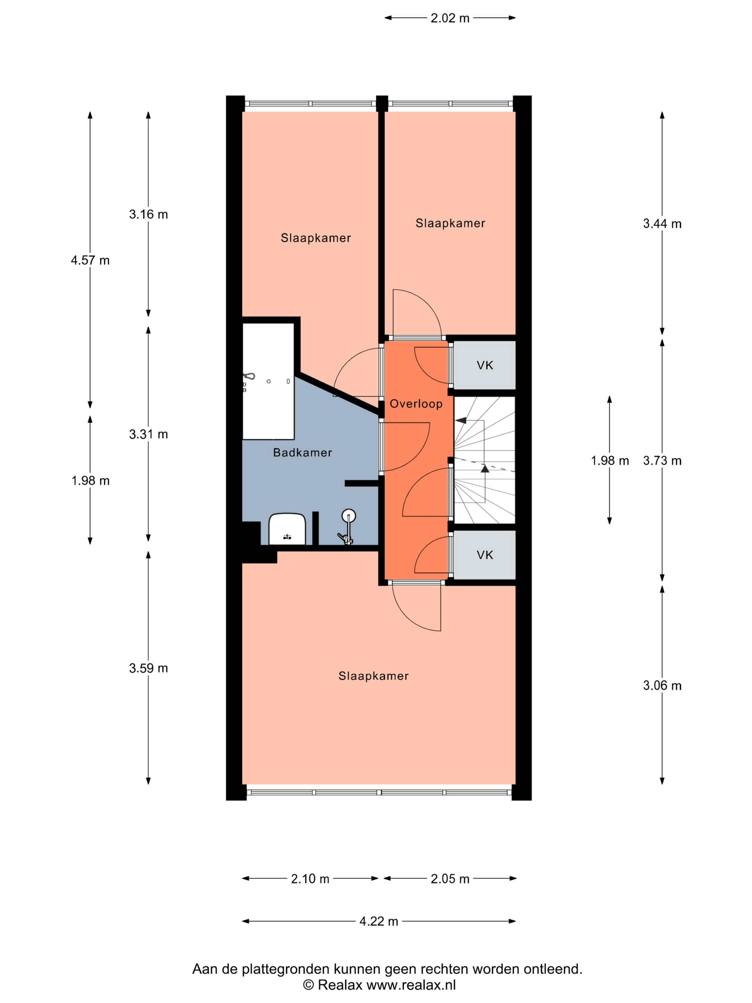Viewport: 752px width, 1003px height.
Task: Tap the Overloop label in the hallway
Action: pos(416,404)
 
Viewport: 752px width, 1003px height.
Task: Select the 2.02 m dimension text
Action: pos(450,18)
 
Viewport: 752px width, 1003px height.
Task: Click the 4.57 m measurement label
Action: pos(90,260)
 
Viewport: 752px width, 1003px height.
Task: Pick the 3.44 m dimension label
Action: pos(662,224)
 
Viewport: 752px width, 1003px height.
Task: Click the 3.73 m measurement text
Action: pos(662,461)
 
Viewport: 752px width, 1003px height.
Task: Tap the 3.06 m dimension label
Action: pos(662,686)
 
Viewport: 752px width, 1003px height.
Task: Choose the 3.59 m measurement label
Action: pos(148,668)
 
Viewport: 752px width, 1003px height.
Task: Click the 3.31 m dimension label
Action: pos(148,435)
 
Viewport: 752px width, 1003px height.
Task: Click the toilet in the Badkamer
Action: pos(287,529)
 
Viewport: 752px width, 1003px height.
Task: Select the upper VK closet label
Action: pos(485,365)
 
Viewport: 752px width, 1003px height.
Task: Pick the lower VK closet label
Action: pos(485,555)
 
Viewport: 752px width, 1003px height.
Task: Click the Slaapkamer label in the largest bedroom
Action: pos(373,676)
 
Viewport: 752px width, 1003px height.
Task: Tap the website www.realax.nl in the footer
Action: pos(411,985)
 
